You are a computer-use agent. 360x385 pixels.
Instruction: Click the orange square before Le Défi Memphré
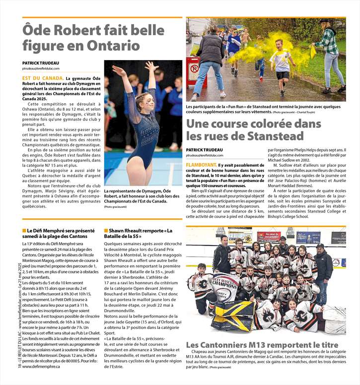pyautogui.click(x=24, y=231)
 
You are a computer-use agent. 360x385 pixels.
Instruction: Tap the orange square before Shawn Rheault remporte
pyautogui.click(x=106, y=231)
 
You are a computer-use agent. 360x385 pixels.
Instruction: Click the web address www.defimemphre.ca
pyautogui.click(x=41, y=380)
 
